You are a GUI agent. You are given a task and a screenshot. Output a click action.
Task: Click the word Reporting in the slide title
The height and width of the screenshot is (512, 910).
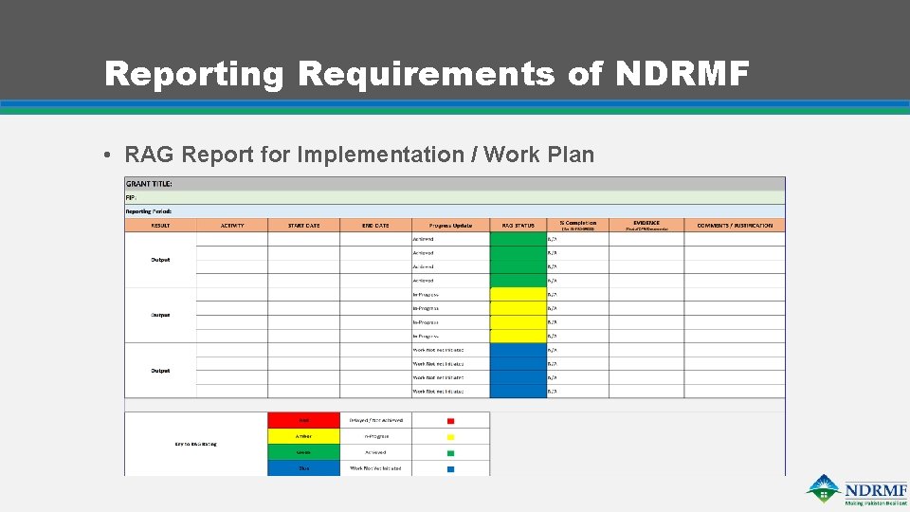pos(194,73)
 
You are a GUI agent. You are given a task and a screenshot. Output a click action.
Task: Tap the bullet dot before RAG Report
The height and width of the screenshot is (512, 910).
pos(111,155)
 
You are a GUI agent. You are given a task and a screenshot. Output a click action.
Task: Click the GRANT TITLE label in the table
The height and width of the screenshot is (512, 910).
pos(149,183)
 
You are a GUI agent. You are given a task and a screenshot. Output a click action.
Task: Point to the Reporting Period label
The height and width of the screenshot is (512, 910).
pos(149,210)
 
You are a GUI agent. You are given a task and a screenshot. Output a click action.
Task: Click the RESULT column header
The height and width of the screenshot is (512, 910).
pos(160,226)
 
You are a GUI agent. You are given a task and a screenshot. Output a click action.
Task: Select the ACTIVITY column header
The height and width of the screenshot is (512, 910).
pos(232,226)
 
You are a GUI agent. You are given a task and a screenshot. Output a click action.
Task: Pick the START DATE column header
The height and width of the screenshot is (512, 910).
pos(303,226)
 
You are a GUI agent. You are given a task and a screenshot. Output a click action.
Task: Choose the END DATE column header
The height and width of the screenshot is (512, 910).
pos(375,226)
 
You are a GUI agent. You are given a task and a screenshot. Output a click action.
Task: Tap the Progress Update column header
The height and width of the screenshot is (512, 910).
pos(450,226)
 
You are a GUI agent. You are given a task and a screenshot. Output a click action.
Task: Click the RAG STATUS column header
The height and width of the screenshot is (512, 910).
pos(518,226)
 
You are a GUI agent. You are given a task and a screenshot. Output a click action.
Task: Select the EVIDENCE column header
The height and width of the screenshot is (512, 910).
pos(646,223)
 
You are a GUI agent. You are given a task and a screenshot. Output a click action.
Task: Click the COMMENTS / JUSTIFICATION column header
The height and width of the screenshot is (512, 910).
pos(735,226)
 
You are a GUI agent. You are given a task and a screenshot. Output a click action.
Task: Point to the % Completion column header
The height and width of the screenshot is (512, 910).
pos(577,223)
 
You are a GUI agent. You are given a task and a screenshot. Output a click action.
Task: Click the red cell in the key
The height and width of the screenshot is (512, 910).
pos(303,420)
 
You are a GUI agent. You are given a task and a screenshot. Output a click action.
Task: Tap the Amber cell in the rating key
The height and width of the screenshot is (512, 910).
pos(303,436)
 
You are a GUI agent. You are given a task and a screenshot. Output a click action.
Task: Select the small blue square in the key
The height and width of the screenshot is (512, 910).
pos(450,468)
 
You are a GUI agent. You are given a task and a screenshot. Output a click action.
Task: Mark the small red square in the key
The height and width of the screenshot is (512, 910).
pos(450,420)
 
